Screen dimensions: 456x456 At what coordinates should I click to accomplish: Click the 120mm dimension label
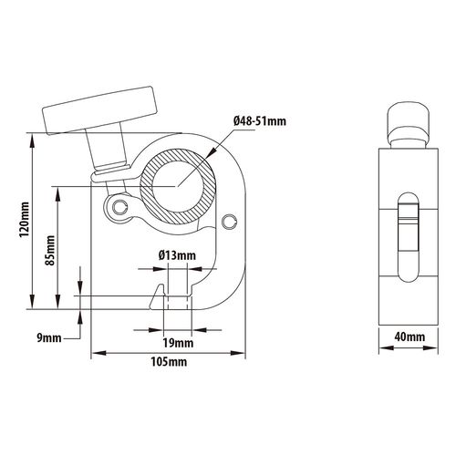tap(25, 220)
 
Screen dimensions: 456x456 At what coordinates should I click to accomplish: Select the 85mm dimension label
tap(50, 250)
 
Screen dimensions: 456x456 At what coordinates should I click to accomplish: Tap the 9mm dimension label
tap(49, 338)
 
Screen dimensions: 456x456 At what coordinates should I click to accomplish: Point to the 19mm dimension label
tap(178, 343)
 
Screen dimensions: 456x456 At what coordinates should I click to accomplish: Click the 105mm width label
tap(169, 362)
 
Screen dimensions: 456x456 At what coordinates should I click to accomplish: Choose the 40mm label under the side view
tap(409, 337)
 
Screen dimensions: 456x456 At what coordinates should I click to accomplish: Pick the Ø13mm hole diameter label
tap(177, 255)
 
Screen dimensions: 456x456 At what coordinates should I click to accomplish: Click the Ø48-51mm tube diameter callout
tap(260, 121)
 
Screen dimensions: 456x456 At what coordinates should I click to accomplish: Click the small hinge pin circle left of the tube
tap(119, 207)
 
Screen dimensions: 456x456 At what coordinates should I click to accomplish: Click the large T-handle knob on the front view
tap(100, 111)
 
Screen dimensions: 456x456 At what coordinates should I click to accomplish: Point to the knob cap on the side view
tap(409, 121)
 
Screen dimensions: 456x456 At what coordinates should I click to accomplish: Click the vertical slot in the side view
tap(409, 237)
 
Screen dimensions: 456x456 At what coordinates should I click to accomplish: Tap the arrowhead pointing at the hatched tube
tap(211, 152)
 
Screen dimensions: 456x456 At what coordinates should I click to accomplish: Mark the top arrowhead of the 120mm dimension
tap(32, 140)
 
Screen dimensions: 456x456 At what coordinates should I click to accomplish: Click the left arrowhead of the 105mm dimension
tap(98, 353)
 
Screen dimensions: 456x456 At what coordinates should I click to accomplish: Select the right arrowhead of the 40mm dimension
tap(430, 348)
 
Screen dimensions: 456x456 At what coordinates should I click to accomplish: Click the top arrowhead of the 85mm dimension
tap(57, 194)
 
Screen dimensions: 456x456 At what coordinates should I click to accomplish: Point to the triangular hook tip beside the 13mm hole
tap(157, 296)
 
